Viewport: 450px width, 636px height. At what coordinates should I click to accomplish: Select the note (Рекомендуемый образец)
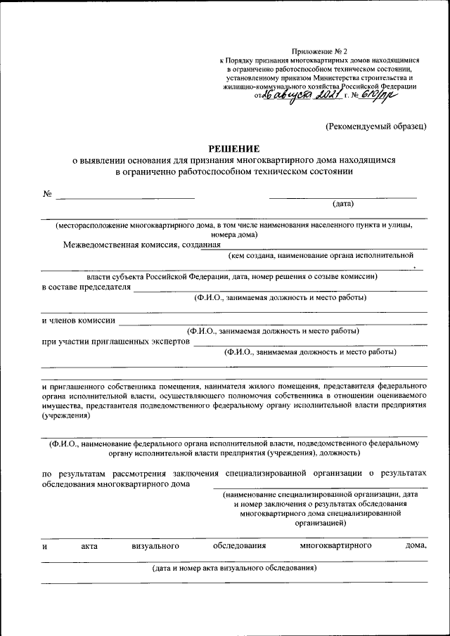click(375, 126)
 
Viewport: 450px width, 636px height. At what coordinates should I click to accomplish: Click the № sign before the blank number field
click(47, 194)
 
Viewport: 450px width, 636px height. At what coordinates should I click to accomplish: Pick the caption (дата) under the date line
click(343, 205)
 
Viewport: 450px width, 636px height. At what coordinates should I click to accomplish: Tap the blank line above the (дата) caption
click(343, 197)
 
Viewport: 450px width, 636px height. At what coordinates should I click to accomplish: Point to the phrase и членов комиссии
click(78, 320)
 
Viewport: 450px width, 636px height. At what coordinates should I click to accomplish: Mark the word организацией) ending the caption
click(320, 523)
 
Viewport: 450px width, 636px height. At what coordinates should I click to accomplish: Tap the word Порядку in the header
click(243, 61)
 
